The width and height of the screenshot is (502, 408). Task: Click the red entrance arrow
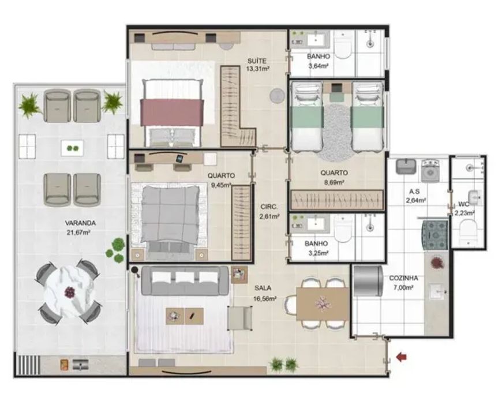tap(402, 357)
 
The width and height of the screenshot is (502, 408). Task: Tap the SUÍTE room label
tap(257, 61)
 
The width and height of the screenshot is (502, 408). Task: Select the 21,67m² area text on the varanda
tap(78, 233)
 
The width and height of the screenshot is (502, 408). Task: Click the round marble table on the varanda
tap(69, 292)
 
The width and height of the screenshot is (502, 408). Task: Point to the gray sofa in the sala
tap(185, 281)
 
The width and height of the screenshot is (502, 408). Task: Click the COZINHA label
tap(404, 278)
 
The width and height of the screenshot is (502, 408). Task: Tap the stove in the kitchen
tap(435, 235)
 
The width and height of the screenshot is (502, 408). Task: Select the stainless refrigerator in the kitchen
tap(368, 281)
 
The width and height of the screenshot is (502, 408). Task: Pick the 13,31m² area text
tap(257, 68)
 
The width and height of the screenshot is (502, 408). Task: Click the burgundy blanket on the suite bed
tap(172, 113)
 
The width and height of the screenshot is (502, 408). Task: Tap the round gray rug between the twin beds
tap(336, 132)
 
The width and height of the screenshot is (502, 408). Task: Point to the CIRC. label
tap(269, 207)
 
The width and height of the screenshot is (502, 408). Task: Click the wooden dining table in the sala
tap(323, 304)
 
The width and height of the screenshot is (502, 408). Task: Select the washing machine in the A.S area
tap(430, 170)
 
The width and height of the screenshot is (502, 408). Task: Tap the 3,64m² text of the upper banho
tap(319, 66)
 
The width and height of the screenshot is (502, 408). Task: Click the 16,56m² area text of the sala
tap(264, 298)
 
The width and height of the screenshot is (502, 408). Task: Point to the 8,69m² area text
tap(334, 182)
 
